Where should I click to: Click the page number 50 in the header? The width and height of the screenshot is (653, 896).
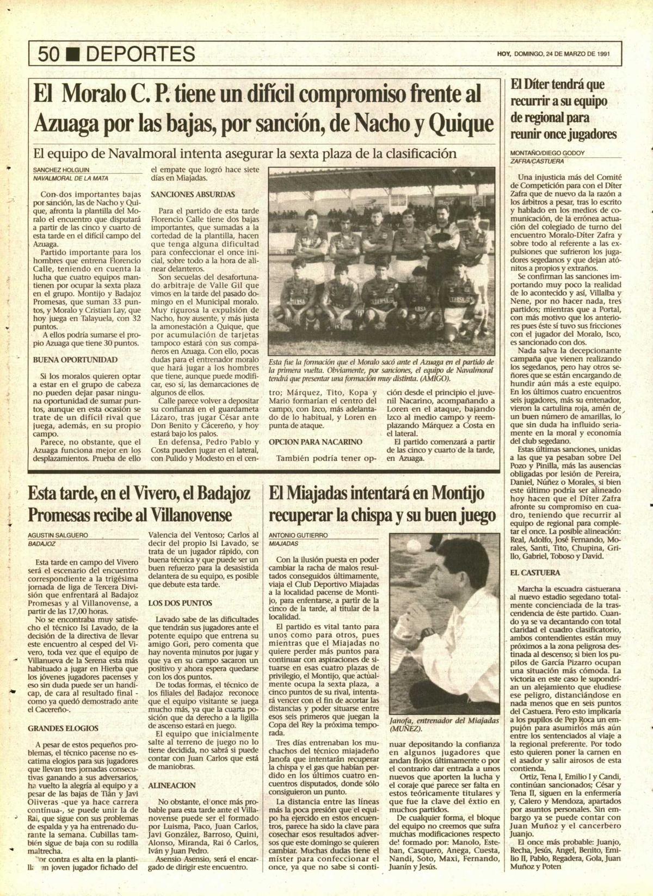(x=50, y=54)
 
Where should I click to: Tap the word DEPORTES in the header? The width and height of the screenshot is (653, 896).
(x=140, y=54)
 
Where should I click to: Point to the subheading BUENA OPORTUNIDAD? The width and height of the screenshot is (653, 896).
(x=75, y=360)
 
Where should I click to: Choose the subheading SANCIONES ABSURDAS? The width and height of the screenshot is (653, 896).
(x=193, y=194)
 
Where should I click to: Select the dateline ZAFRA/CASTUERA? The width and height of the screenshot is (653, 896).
(x=537, y=162)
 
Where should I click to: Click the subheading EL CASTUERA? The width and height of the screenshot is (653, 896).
(x=535, y=573)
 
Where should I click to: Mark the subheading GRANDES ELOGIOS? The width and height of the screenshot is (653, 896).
(x=63, y=727)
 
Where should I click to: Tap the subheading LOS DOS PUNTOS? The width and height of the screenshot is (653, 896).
(x=180, y=603)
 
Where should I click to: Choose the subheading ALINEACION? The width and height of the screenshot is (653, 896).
(x=172, y=786)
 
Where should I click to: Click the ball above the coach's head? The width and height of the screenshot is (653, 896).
(x=414, y=545)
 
